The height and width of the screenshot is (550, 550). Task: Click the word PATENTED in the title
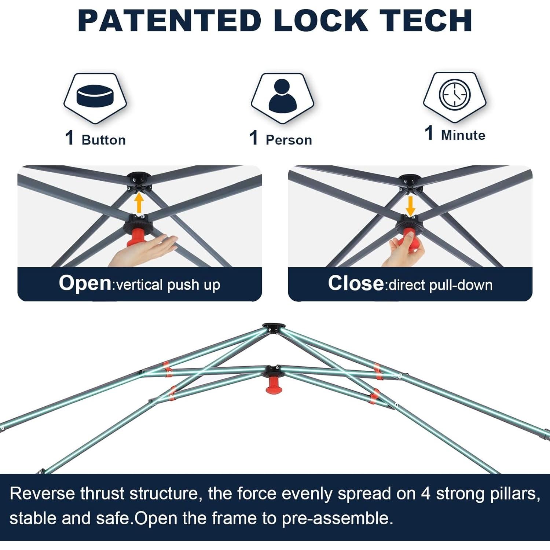169,21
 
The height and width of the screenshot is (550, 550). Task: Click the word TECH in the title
426,21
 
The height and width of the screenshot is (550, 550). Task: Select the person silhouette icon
282,96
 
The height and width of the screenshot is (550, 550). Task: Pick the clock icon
455,95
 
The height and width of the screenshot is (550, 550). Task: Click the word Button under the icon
104,140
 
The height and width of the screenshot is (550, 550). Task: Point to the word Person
289,140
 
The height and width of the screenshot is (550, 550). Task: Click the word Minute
463,135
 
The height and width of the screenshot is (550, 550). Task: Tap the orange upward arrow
139,203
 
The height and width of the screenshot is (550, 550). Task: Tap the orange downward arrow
410,206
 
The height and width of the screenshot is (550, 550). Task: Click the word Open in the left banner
85,283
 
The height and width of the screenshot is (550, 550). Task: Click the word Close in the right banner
356,283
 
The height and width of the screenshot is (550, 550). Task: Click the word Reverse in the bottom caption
42,494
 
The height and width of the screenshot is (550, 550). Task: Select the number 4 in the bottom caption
425,494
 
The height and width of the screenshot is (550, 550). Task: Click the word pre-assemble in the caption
337,518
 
